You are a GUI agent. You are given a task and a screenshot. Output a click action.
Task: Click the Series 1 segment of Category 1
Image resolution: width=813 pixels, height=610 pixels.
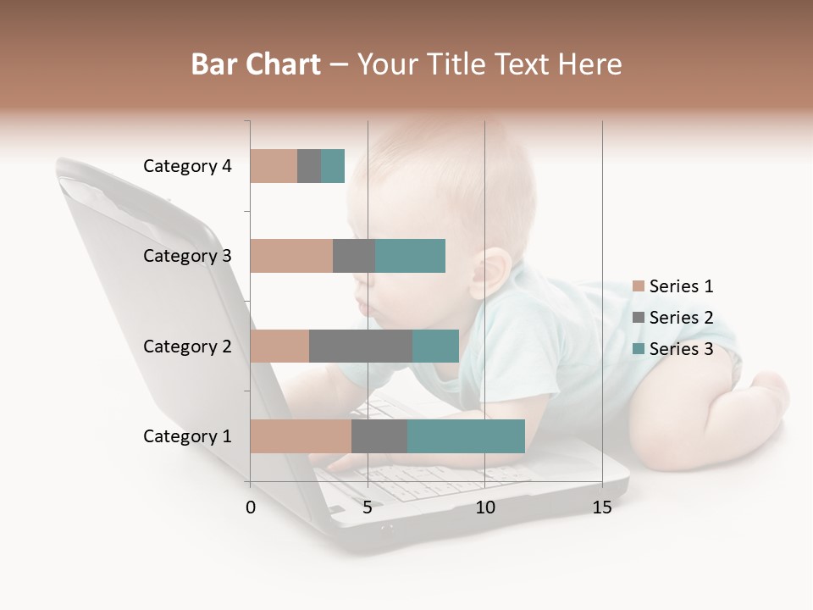click(x=301, y=436)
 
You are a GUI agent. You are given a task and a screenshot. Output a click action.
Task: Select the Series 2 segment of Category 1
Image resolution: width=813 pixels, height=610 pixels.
click(x=379, y=436)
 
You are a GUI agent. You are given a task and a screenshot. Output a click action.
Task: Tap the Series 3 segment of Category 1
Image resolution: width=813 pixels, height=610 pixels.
click(x=466, y=436)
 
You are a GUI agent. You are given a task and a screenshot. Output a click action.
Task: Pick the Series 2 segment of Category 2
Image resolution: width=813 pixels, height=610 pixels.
click(x=361, y=346)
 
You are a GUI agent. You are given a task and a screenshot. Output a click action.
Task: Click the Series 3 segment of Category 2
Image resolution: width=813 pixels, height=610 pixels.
click(x=435, y=346)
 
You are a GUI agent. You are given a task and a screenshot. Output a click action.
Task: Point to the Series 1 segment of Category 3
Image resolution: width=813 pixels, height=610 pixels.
click(x=291, y=256)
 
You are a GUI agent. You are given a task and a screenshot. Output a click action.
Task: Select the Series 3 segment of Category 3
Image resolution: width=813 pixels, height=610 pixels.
click(x=410, y=256)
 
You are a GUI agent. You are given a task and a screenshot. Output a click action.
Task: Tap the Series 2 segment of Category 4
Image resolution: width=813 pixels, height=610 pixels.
click(x=309, y=166)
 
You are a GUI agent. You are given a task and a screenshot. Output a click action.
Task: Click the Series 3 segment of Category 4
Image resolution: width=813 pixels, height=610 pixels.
click(x=333, y=166)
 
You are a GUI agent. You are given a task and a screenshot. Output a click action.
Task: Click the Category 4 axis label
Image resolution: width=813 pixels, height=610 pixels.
click(x=187, y=166)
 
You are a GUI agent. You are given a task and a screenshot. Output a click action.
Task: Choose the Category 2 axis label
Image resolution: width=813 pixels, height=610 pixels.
click(x=187, y=346)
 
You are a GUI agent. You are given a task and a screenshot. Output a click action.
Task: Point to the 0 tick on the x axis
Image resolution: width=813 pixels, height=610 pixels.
click(x=251, y=507)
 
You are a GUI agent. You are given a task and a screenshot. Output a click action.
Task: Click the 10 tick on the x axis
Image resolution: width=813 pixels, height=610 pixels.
click(x=484, y=507)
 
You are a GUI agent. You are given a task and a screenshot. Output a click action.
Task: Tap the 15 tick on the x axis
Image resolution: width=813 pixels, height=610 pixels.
click(x=602, y=507)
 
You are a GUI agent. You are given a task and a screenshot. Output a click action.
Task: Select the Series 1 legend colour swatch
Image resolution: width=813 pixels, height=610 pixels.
click(x=639, y=286)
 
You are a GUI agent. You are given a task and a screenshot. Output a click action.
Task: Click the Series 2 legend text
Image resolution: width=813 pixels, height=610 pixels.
click(x=681, y=318)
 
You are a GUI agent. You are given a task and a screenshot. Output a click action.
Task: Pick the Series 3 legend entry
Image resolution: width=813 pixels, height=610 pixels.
click(x=674, y=349)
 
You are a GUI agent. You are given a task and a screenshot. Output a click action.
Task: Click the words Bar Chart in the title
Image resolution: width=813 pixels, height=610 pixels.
click(x=256, y=64)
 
